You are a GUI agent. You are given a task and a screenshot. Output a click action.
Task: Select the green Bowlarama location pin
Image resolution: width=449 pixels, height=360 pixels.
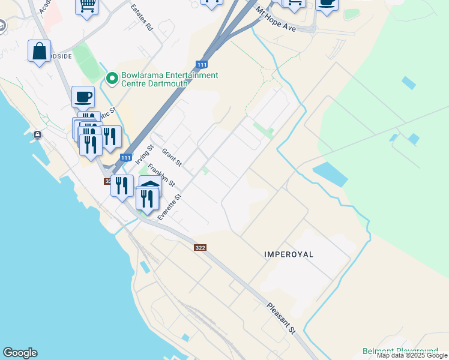[112, 79]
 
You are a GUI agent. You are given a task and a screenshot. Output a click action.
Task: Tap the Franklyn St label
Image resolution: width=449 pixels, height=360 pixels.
[161, 175]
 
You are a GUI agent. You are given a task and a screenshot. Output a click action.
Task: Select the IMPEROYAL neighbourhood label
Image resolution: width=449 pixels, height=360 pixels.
[289, 254]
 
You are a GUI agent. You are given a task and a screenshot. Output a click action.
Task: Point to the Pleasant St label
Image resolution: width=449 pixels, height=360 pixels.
[282, 318]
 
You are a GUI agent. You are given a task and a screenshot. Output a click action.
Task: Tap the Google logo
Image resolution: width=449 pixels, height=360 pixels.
[20, 353]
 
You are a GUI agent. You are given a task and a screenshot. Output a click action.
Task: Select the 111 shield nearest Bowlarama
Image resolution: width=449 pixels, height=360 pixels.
[202, 64]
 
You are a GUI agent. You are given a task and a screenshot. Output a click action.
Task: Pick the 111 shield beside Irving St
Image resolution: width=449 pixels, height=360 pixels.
[125, 157]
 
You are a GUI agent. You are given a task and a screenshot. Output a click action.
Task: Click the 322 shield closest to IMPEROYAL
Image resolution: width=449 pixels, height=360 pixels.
[200, 247]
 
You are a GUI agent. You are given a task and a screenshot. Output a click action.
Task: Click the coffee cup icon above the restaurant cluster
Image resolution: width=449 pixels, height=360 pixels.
[83, 96]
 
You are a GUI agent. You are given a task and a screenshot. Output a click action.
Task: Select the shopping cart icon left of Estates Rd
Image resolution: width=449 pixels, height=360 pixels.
[87, 5]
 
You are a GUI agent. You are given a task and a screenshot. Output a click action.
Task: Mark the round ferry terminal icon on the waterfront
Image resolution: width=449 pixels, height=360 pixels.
[38, 134]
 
